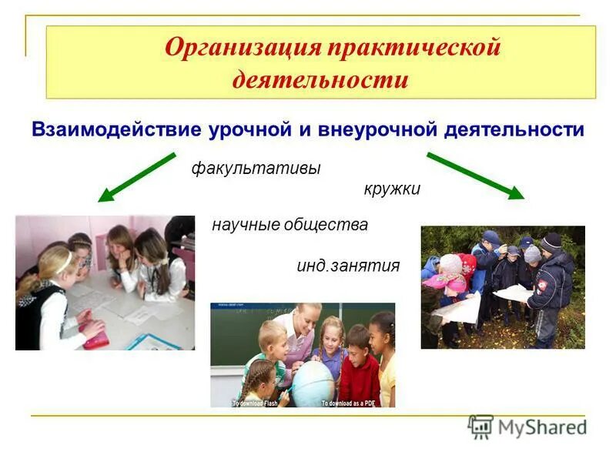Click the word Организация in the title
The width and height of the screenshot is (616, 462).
click(x=243, y=49)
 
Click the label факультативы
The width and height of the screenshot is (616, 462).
click(x=256, y=169)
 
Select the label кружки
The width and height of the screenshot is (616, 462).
click(x=392, y=189)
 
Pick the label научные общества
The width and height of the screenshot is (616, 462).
click(x=290, y=226)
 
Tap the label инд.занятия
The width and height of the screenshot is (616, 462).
click(x=348, y=266)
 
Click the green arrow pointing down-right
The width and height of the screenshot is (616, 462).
click(x=475, y=176)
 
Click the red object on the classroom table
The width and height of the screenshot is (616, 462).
click(x=95, y=339)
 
